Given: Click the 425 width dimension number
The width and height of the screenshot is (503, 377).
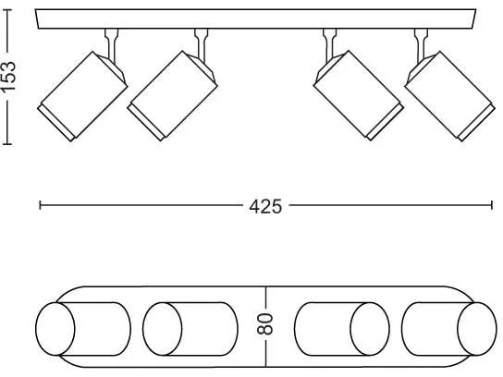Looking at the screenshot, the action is pyautogui.click(x=265, y=206).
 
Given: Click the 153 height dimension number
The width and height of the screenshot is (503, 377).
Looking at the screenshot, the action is pyautogui.click(x=8, y=76).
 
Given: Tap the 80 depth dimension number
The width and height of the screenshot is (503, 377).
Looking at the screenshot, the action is pyautogui.click(x=265, y=324).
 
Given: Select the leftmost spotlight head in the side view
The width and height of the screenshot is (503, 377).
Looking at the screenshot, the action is pyautogui.click(x=83, y=96).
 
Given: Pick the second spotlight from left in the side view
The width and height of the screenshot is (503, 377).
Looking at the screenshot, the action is pyautogui.click(x=173, y=96).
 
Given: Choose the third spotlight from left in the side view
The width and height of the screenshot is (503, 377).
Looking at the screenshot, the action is pyautogui.click(x=359, y=95).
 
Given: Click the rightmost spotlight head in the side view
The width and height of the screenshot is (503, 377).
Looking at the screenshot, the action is pyautogui.click(x=450, y=96).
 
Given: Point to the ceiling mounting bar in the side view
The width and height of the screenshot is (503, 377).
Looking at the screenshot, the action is pyautogui.click(x=255, y=19).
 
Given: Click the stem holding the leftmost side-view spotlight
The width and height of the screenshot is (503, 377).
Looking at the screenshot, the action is pyautogui.click(x=111, y=45).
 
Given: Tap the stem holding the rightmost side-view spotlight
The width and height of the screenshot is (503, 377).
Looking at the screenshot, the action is pyautogui.click(x=421, y=45).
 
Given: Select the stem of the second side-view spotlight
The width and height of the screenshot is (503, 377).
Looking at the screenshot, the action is pyautogui.click(x=202, y=45).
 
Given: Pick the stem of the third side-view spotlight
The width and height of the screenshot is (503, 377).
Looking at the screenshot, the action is pyautogui.click(x=330, y=45).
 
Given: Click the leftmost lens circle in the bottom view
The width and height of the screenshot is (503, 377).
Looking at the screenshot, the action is pyautogui.click(x=55, y=329).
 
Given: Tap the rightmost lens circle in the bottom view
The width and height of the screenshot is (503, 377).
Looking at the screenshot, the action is pyautogui.click(x=477, y=329).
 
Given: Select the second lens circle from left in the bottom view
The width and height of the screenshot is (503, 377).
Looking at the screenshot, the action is pyautogui.click(x=163, y=329).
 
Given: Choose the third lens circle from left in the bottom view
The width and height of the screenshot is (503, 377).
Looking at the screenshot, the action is pyautogui.click(x=370, y=329).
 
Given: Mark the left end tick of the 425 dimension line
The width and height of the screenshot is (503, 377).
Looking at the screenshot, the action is pyautogui.click(x=40, y=205).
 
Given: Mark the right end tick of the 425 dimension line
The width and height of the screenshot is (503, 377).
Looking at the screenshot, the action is pyautogui.click(x=492, y=205).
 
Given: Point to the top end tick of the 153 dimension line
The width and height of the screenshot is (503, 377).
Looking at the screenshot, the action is pyautogui.click(x=8, y=10).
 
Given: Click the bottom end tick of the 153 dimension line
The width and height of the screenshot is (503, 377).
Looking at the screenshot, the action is pyautogui.click(x=7, y=144).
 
